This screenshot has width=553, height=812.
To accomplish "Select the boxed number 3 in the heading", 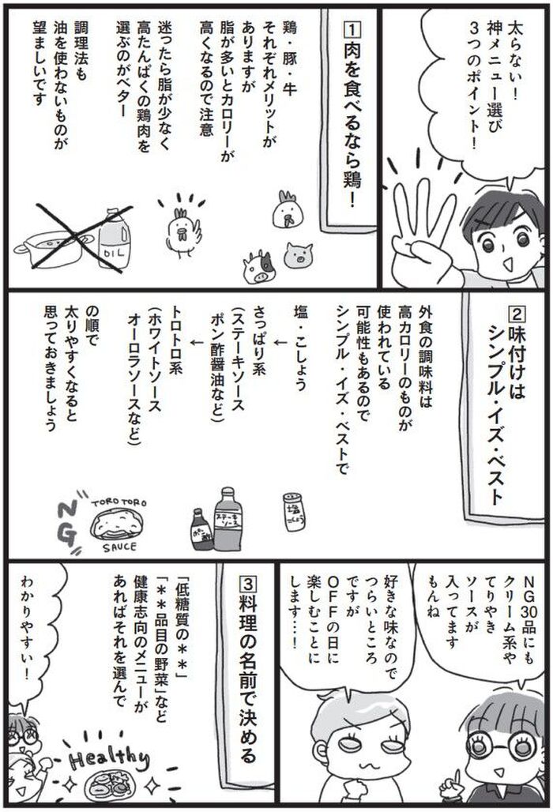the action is (x=248, y=585).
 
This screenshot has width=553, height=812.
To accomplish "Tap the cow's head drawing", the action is (x=259, y=267).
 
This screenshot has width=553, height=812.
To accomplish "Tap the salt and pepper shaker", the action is (x=294, y=511).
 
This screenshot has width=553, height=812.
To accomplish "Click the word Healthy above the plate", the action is (x=109, y=757).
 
